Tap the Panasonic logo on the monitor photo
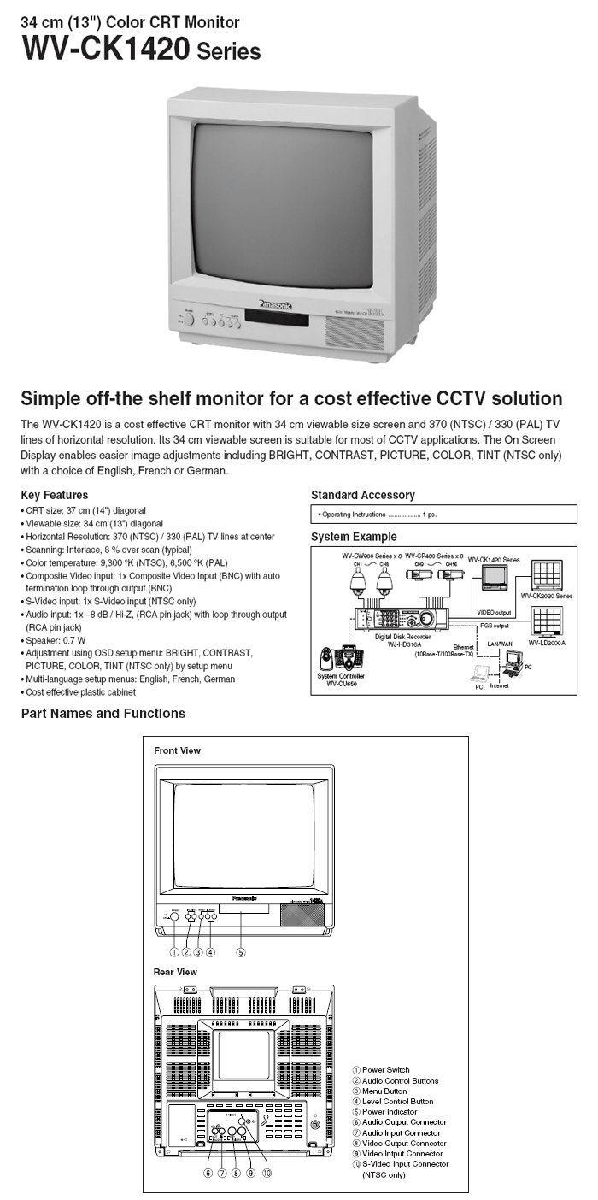(275, 305)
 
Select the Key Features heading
(54, 495)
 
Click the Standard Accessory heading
(362, 495)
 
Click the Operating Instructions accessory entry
(376, 515)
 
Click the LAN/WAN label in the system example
(499, 642)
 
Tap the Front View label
(177, 750)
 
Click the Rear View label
(175, 972)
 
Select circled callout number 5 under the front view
(241, 951)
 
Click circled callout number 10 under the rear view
(267, 1173)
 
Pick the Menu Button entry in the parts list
(384, 1091)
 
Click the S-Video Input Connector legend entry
(405, 1164)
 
